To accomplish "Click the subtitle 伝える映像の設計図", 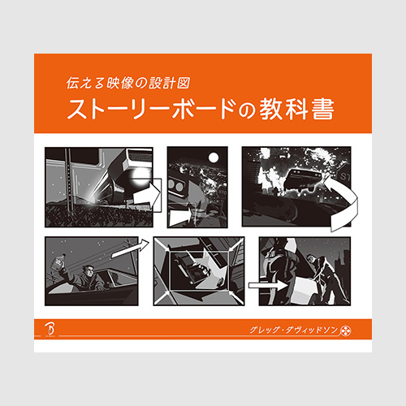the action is tap(127, 83).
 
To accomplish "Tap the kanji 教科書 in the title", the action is tap(297, 110).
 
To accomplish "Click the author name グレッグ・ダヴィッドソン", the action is tap(294, 330).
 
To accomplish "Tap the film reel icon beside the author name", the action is tap(346, 330).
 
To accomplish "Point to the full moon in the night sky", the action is tap(214, 158).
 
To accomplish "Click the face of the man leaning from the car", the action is tap(88, 272).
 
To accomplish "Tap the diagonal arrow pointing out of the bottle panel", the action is tap(131, 248).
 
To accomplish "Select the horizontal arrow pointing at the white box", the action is tap(268, 285).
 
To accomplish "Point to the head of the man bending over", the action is tap(312, 260).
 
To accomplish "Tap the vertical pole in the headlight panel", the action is tap(68, 181).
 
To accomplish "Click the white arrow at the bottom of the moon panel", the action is tap(180, 217).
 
